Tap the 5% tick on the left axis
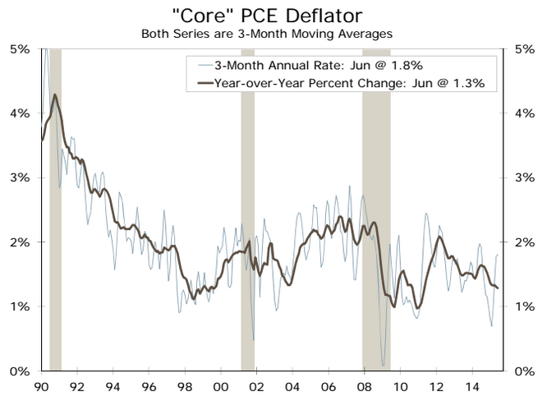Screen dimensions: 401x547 point(19,48)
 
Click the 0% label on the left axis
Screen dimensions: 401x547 point(19,371)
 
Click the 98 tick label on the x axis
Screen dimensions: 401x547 point(184,385)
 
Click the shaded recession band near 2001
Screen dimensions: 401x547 point(247,205)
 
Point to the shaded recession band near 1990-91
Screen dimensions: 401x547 point(55,205)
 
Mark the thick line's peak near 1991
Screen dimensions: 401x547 point(55,94)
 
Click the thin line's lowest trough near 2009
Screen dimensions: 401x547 point(384,365)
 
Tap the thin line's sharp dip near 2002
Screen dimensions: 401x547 point(253,339)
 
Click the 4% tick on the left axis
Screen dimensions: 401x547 point(19,113)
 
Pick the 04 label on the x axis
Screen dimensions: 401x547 point(292,385)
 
